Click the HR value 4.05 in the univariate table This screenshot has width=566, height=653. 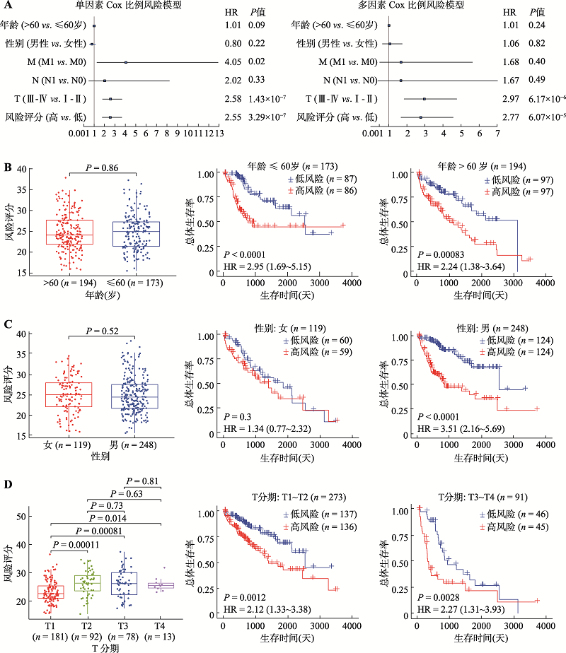[x=232, y=62]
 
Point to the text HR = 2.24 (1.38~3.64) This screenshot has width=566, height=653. [x=461, y=266]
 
